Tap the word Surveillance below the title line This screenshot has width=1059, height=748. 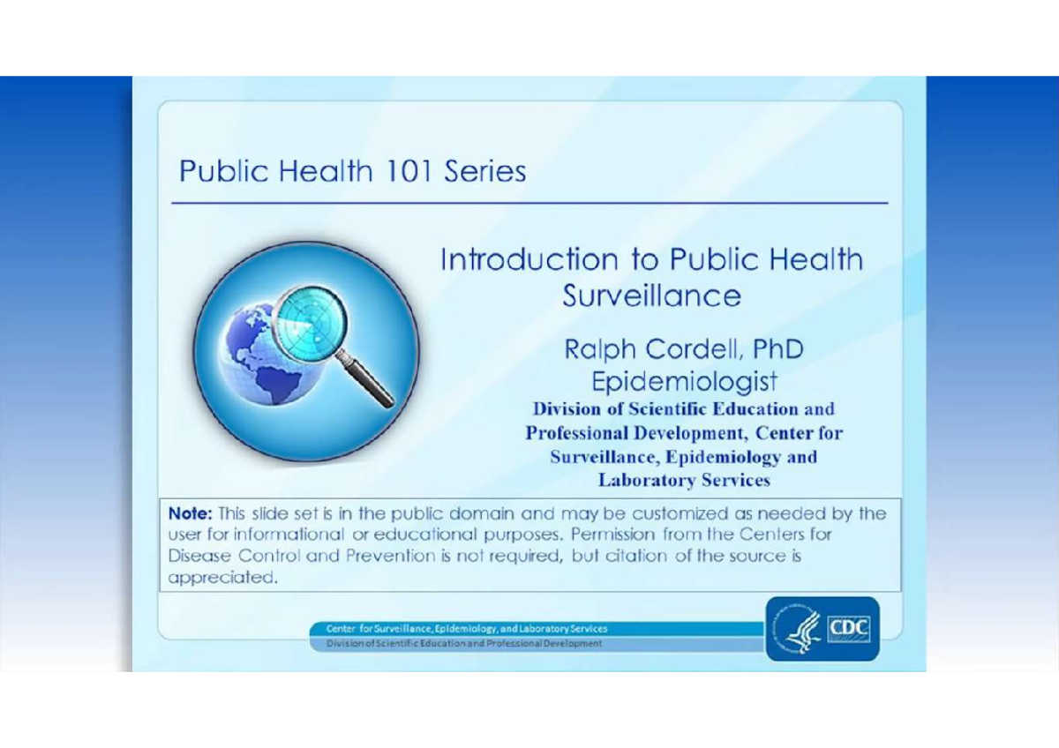click(651, 295)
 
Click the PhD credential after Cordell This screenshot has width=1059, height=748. click(777, 349)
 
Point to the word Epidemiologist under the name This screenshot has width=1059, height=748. click(684, 382)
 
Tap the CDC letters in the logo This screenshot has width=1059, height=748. click(847, 629)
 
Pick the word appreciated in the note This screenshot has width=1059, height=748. click(222, 579)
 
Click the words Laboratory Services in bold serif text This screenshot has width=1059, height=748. click(684, 481)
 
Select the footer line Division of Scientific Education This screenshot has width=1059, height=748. click(464, 644)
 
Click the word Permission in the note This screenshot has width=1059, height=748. click(612, 535)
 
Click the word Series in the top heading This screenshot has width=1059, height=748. click(484, 170)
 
